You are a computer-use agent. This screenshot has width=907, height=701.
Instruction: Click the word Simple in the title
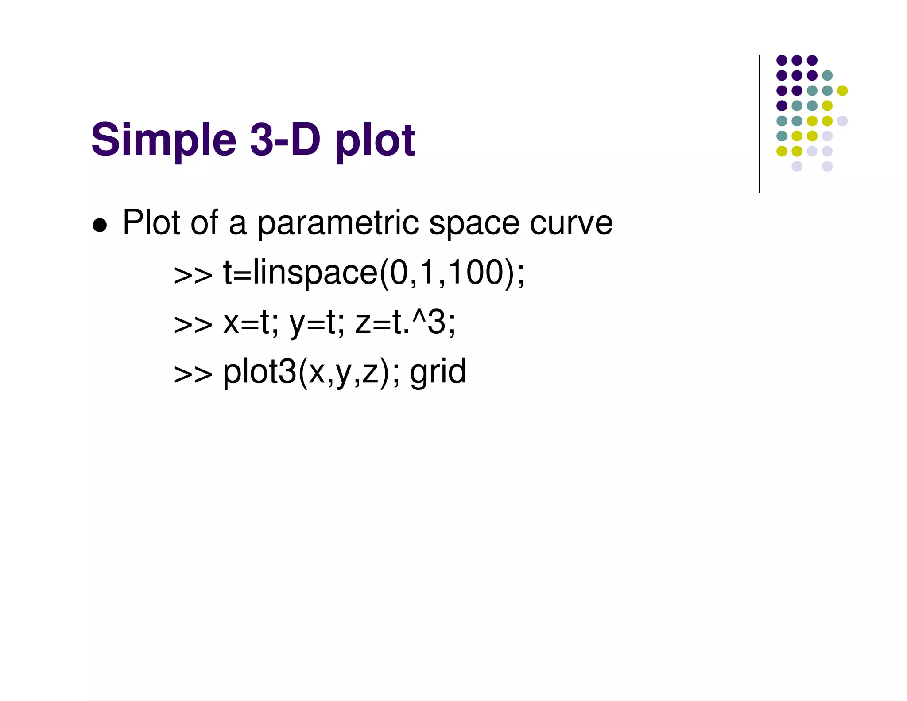coord(164,140)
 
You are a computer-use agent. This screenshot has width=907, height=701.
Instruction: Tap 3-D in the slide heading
coord(285,140)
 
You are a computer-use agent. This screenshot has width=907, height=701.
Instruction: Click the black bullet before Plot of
coord(100,225)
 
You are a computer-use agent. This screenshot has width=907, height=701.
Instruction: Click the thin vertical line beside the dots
coord(759,124)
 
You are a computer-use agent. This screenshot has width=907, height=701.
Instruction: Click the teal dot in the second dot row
coord(827,75)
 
